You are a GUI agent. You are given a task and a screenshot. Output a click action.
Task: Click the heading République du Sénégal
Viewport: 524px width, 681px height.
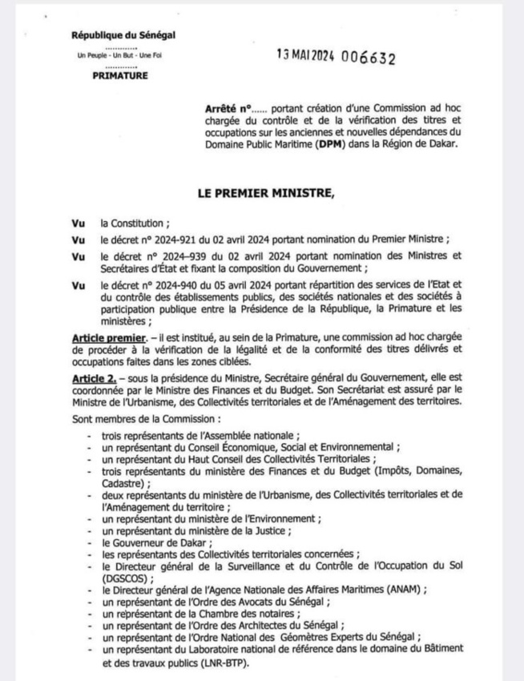123,34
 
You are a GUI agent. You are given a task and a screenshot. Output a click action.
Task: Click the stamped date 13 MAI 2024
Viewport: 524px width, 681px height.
304,58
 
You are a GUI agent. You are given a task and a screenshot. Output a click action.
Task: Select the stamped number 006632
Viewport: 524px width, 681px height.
368,58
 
